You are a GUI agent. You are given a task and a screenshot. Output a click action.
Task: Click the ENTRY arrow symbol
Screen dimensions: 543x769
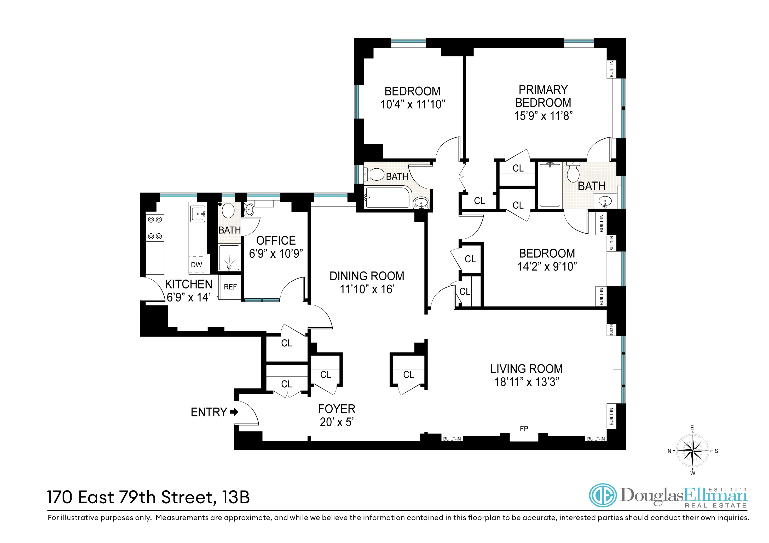click(234, 412)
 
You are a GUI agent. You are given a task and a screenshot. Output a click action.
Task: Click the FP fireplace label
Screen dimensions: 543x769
click(524, 429)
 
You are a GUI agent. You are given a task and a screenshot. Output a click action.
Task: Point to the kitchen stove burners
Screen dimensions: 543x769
click(155, 228)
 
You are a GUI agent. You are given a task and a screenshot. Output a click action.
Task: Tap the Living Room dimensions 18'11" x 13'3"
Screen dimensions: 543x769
click(527, 382)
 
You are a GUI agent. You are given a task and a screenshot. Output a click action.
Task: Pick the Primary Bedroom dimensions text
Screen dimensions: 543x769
click(543, 116)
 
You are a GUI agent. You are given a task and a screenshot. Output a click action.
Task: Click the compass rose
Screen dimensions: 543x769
click(692, 451)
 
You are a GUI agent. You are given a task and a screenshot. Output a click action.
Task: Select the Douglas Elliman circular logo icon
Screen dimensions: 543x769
click(603, 495)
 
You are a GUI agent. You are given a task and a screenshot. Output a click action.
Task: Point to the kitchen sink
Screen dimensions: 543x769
click(198, 214)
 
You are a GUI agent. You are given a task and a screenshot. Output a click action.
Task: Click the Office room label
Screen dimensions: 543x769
click(276, 240)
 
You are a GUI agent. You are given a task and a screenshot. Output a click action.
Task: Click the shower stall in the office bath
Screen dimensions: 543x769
click(229, 258)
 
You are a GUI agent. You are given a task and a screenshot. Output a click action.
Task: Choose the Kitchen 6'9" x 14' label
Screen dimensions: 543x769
click(189, 290)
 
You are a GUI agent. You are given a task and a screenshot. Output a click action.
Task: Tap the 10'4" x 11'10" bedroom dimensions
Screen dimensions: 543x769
click(413, 104)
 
